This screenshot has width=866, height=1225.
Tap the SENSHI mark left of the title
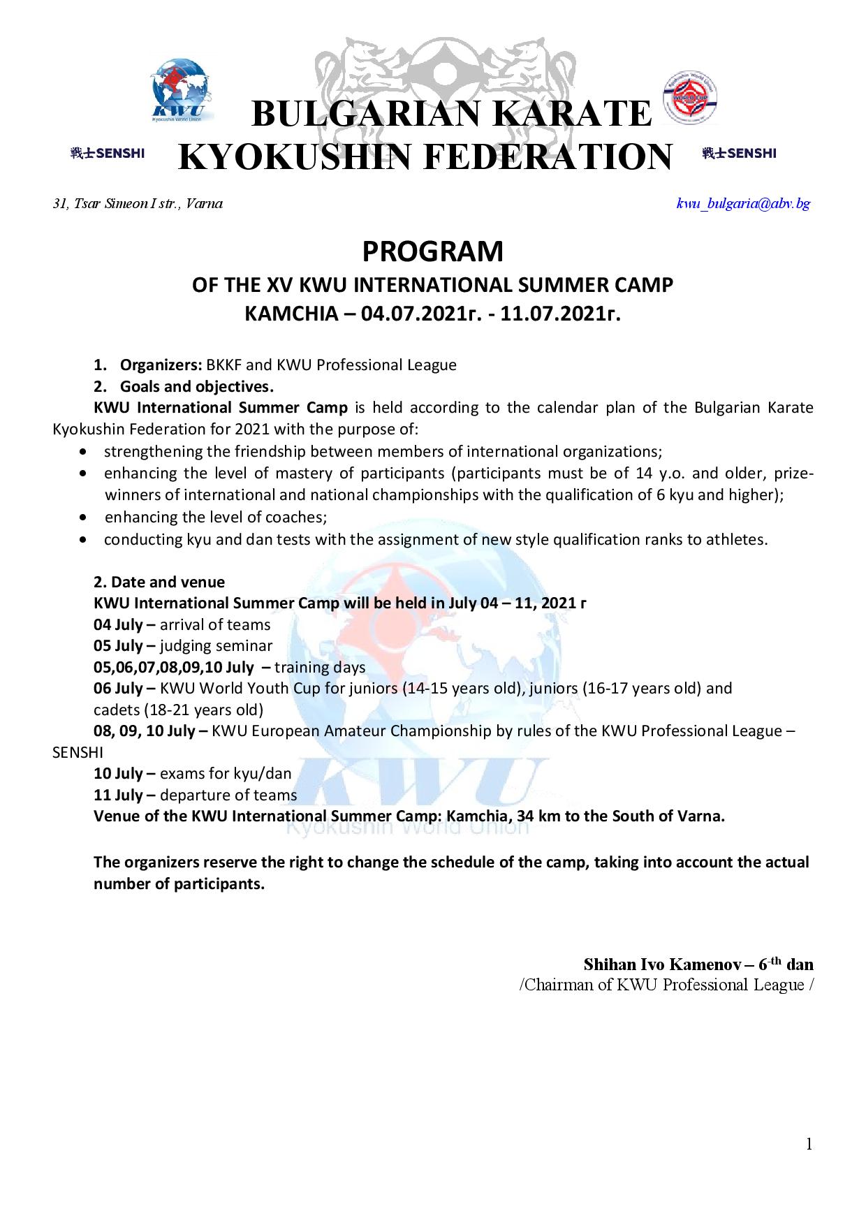[107, 154]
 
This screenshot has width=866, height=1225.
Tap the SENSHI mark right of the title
[740, 154]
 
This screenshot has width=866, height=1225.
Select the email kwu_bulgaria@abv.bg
[743, 204]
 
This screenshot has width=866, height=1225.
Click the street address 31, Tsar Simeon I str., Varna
[138, 204]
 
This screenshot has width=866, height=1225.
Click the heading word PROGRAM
[432, 251]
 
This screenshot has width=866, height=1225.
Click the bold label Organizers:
[161, 365]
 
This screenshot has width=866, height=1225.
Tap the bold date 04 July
[118, 624]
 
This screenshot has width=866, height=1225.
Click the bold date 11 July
[118, 795]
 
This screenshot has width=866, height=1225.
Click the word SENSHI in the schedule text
[78, 753]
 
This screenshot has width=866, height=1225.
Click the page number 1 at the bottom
[809, 1144]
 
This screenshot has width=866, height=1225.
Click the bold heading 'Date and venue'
[168, 582]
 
